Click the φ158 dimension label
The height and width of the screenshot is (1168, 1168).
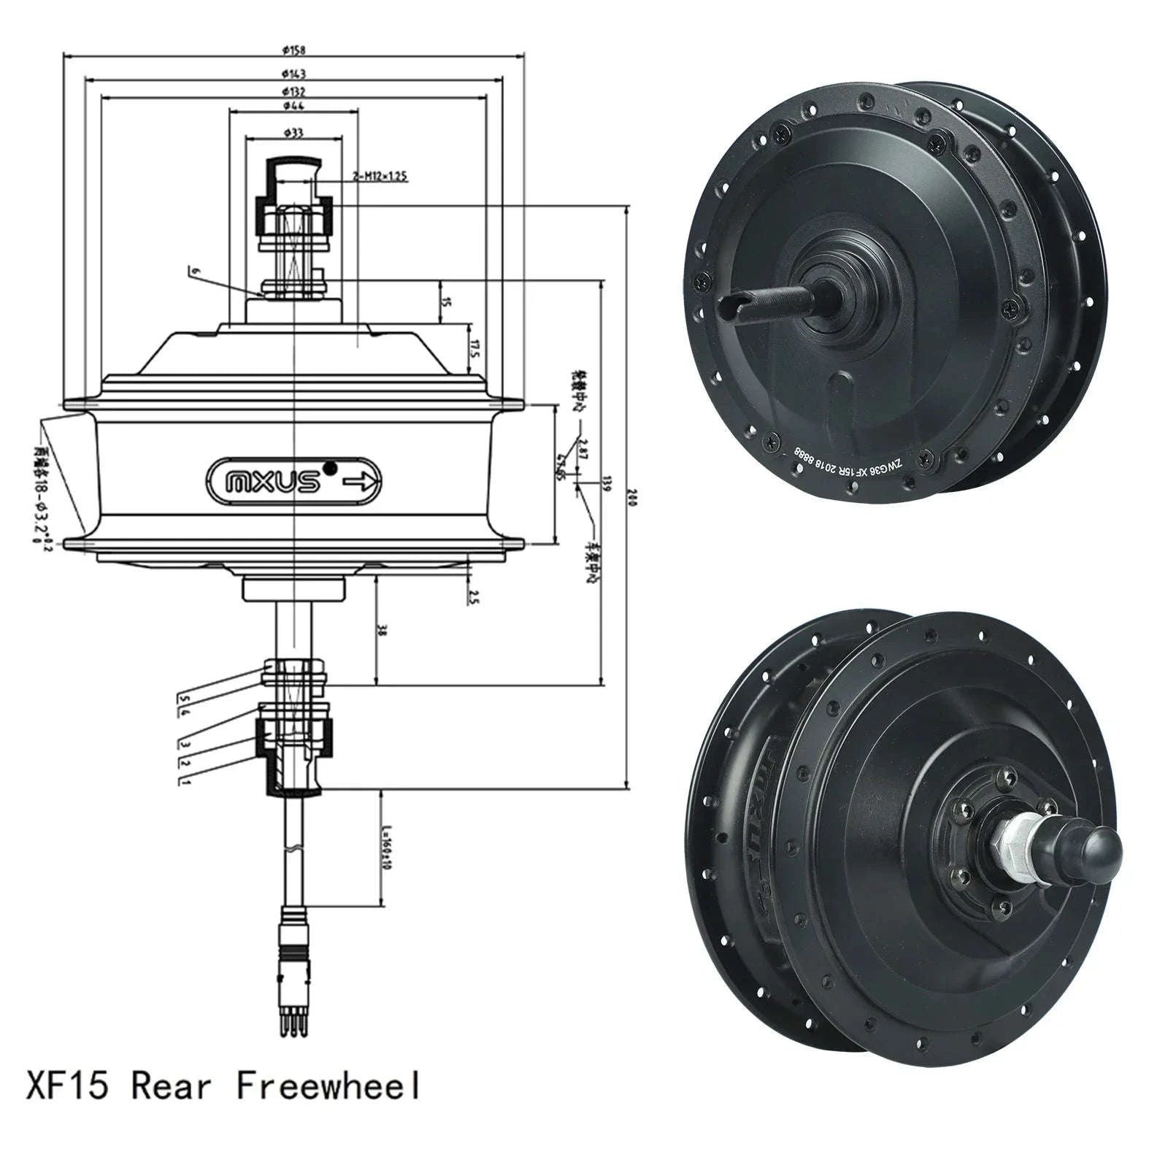click(x=294, y=50)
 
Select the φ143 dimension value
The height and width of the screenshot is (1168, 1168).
click(x=294, y=73)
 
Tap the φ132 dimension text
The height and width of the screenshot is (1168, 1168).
click(x=294, y=91)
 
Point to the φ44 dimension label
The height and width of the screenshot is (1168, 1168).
click(x=294, y=106)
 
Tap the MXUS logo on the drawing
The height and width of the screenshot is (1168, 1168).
click(x=273, y=482)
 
